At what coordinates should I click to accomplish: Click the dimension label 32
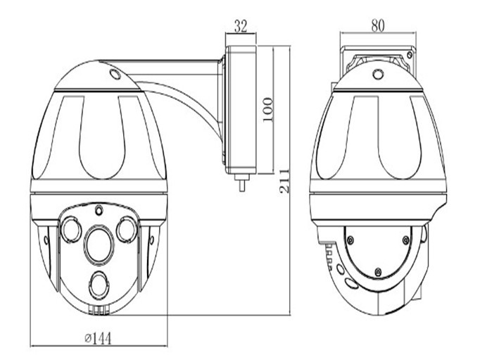240,26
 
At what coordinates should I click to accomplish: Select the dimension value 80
377,26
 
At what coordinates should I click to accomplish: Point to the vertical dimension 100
267,110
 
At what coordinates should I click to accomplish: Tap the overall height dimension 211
284,180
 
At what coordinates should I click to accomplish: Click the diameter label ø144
99,338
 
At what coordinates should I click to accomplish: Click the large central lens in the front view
99,244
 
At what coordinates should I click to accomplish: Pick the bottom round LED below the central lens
99,285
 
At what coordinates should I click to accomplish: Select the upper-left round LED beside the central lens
71,229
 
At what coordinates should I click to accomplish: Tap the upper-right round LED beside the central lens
127,229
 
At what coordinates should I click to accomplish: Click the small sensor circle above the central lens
99,210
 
